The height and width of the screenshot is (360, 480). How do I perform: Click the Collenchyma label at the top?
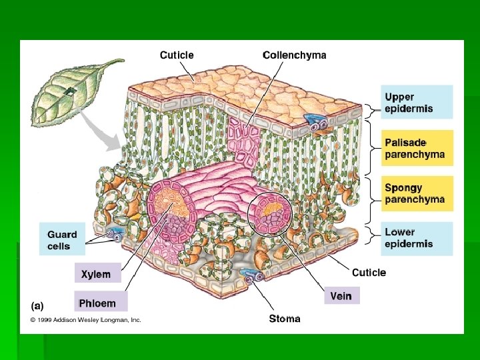295,55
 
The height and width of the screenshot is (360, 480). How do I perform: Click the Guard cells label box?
63,240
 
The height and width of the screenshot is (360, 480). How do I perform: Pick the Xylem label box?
97,273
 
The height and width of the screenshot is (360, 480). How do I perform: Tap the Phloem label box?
99,303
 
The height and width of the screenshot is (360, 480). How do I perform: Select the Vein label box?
341,295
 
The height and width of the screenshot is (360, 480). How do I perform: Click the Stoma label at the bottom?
285,319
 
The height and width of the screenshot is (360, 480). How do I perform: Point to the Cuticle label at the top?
177,55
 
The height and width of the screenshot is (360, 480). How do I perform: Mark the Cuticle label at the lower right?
369,272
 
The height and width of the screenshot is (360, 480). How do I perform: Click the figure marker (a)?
37,306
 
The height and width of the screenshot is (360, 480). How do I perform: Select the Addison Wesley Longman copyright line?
85,320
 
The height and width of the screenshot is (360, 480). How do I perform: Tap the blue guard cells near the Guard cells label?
114,234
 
